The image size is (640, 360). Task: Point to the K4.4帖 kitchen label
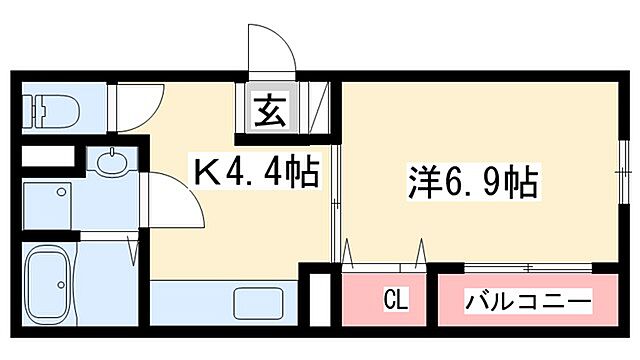point(255,175)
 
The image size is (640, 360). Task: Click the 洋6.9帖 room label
point(473,183)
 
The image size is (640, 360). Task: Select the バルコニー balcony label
point(529,300)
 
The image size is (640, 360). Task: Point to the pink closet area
point(384,298)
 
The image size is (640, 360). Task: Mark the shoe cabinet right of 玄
point(319,108)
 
